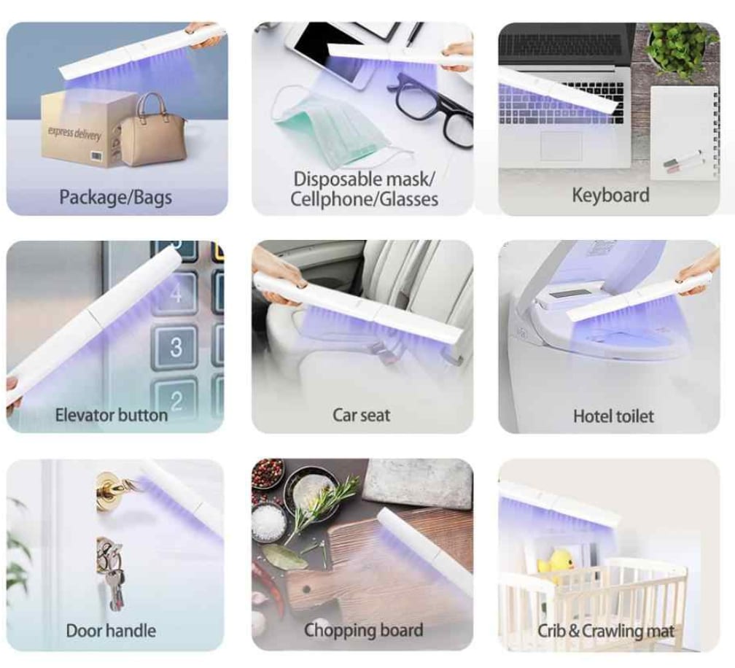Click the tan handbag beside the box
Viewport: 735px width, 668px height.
[152, 133]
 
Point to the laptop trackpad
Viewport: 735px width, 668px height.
[561, 146]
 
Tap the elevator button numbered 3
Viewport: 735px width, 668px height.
[176, 347]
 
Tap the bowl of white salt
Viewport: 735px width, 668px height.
[268, 523]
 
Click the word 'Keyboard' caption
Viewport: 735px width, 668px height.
[610, 195]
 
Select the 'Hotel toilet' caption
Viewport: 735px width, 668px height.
[613, 416]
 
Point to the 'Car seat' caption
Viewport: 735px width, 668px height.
[361, 415]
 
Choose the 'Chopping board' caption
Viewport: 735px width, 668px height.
[363, 630]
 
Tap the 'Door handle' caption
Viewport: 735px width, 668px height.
[111, 631]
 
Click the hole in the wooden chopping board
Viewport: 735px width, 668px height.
[307, 590]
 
